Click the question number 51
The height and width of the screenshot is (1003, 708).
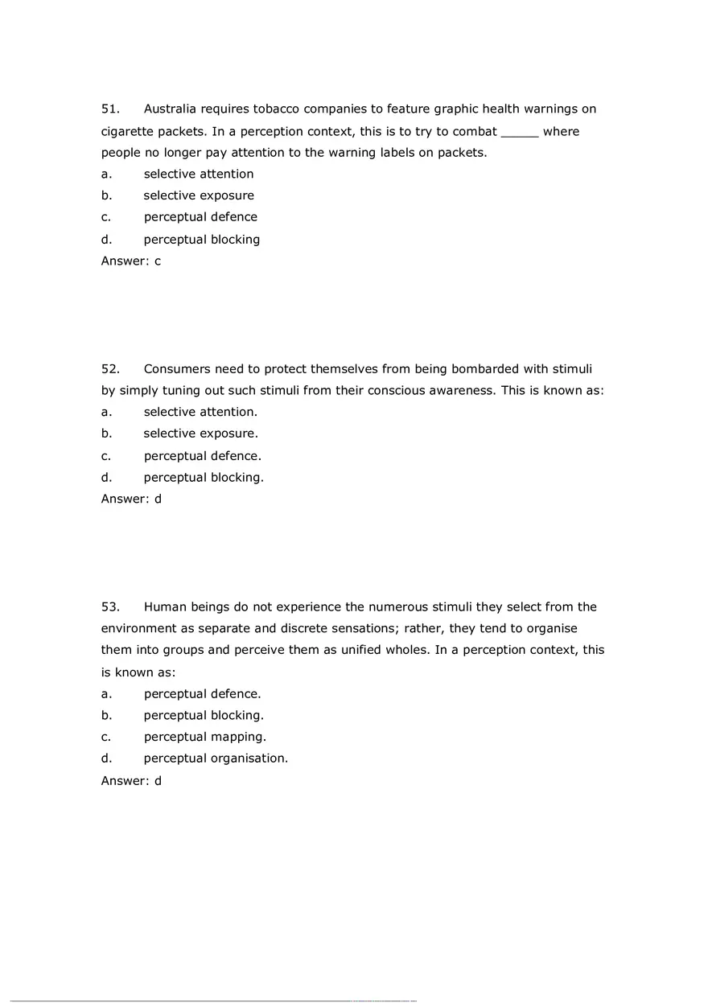tap(110, 109)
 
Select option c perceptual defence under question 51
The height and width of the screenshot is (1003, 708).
tap(200, 217)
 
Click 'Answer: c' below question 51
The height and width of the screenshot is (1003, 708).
tap(131, 261)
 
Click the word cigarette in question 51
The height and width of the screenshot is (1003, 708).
tap(127, 131)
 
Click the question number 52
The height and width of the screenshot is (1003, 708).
tap(110, 369)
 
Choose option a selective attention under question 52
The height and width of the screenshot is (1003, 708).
tap(200, 412)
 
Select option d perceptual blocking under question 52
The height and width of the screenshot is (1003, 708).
tap(204, 477)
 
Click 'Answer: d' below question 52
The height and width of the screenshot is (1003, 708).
tap(131, 499)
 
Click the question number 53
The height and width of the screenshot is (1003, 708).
tap(110, 607)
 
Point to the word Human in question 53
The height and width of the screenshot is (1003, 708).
tap(164, 607)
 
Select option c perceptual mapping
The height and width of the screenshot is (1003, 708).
tap(204, 737)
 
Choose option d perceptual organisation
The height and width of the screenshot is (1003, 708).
tap(216, 758)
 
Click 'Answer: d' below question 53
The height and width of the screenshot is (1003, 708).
tap(131, 780)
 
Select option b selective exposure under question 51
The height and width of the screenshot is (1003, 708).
tap(199, 195)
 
